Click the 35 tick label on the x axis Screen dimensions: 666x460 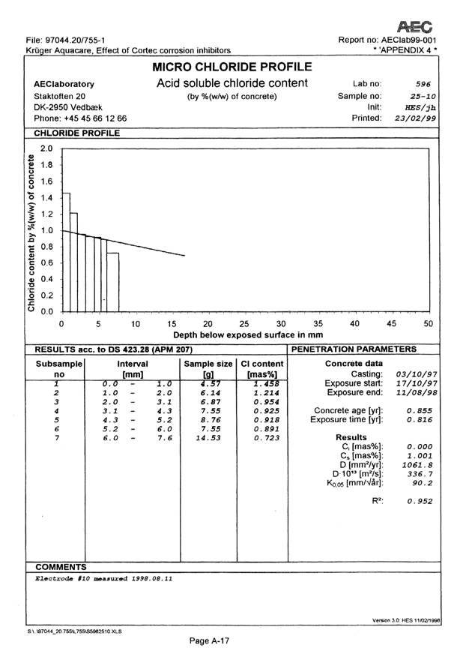[x=317, y=323]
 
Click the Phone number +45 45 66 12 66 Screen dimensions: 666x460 [x=81, y=119]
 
